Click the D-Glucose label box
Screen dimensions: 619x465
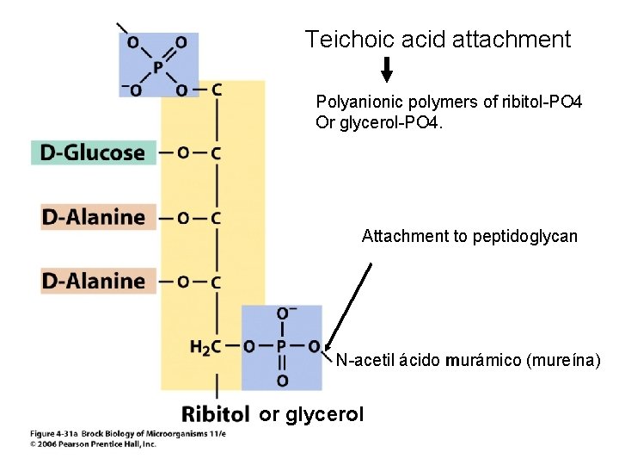[94, 152]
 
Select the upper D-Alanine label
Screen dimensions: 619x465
[94, 216]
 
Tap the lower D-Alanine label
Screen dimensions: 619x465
[94, 281]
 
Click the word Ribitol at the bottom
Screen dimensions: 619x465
[216, 414]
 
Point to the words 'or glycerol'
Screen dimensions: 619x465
[311, 414]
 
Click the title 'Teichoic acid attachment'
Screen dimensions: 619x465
[438, 39]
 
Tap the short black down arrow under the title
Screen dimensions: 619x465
[387, 69]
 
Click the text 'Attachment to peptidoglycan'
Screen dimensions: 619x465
[469, 236]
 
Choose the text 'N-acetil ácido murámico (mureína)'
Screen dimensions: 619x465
[468, 360]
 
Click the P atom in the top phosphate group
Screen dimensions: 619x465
[157, 66]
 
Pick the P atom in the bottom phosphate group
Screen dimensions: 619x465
[281, 347]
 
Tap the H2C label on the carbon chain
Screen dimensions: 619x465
[205, 347]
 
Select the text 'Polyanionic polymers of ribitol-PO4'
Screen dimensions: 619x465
[449, 103]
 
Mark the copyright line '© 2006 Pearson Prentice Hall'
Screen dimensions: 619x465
[93, 444]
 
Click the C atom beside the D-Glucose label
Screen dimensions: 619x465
[216, 153]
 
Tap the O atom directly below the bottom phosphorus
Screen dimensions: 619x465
[282, 380]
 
